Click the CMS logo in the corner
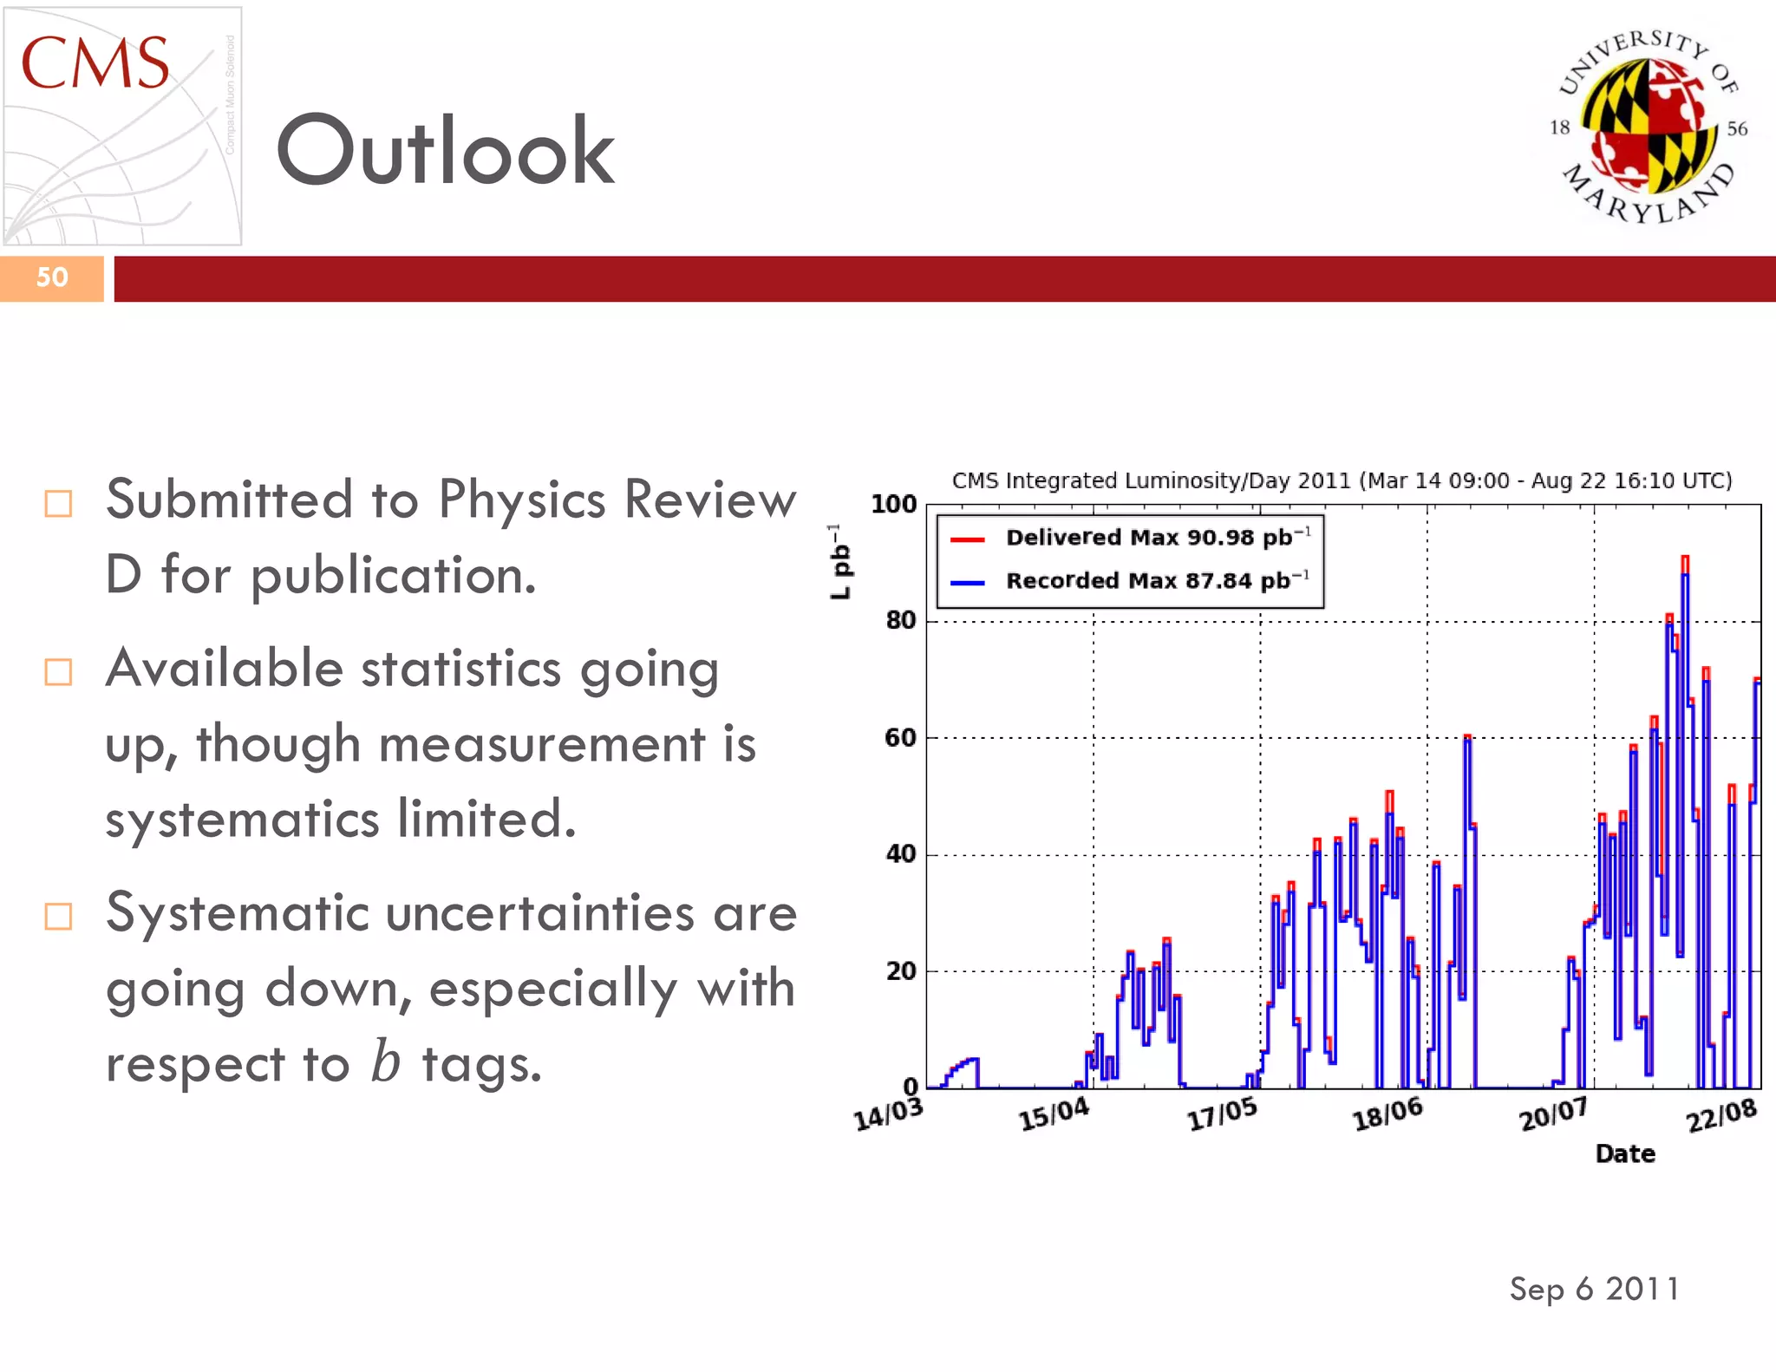(x=121, y=126)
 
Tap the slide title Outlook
(x=445, y=151)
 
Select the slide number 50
(x=52, y=278)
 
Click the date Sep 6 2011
(x=1594, y=1289)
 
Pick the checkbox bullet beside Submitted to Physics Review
(x=58, y=503)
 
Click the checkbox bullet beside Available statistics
(x=58, y=672)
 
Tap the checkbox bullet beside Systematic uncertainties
(x=58, y=917)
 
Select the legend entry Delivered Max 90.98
(x=1158, y=538)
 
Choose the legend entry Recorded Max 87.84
(x=1158, y=580)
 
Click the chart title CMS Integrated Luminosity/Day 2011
(x=1342, y=480)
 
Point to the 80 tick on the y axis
(x=900, y=621)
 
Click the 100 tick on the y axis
(x=893, y=504)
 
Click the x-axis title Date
(x=1625, y=1153)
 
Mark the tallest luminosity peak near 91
(x=1685, y=562)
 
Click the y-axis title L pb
(x=839, y=561)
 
